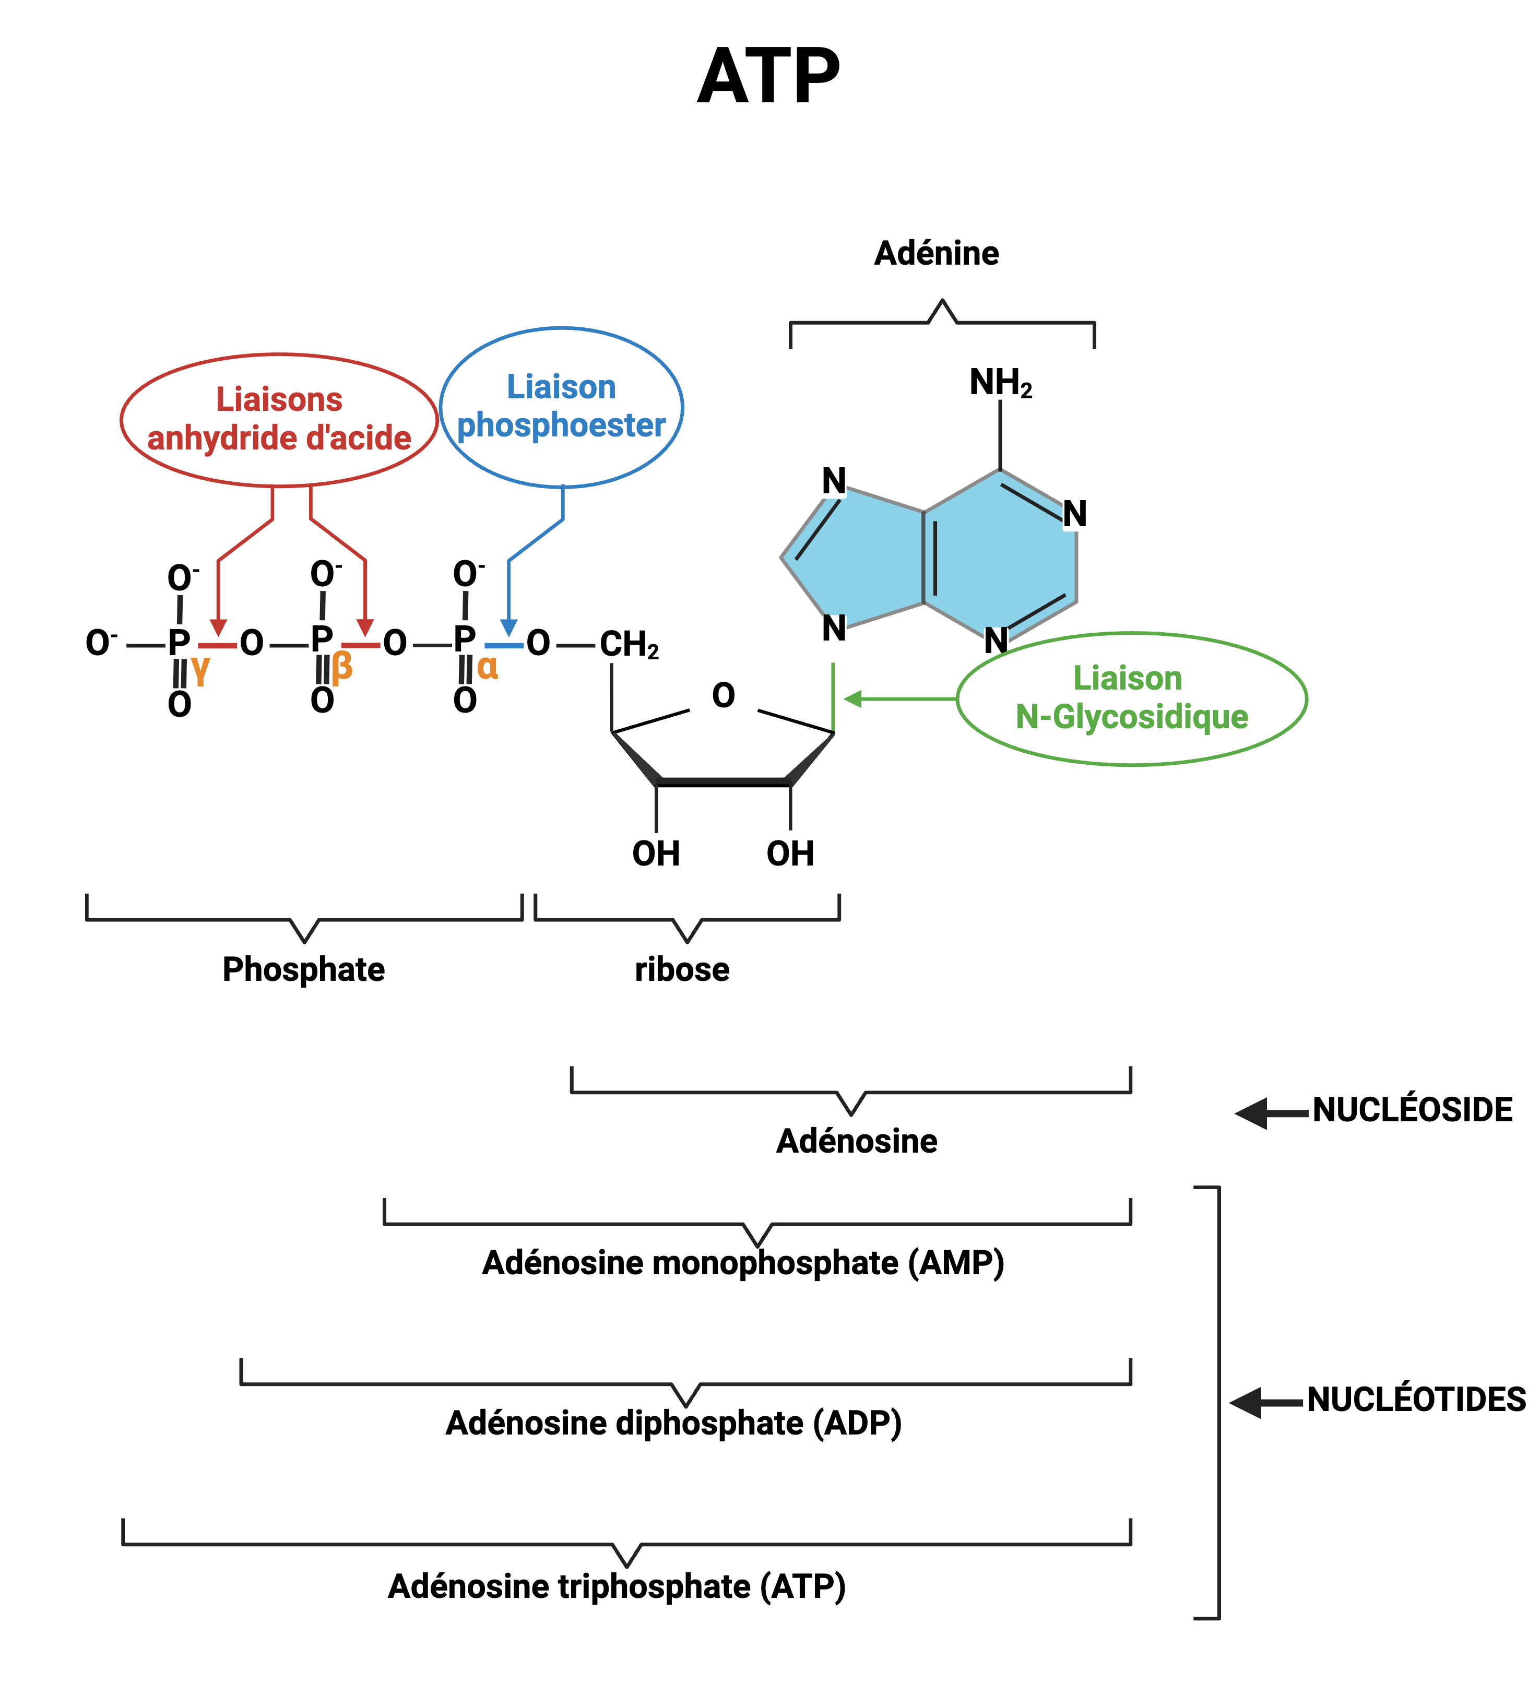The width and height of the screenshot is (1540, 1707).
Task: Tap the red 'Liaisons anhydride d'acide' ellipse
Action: pos(279,420)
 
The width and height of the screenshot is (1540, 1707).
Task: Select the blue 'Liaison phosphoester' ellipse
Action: pos(561,407)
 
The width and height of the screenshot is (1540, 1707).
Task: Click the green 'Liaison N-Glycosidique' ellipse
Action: pos(1131,698)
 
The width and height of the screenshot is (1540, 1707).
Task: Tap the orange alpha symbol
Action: pos(488,667)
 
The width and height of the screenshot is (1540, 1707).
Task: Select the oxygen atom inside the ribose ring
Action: pos(724,696)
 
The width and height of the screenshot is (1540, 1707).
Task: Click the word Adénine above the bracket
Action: pos(936,253)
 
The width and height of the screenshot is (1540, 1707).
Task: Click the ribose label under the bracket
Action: pos(682,969)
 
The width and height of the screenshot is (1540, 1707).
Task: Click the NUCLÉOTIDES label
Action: pos(1416,1399)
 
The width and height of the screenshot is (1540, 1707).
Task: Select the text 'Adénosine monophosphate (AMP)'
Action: pos(743,1263)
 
